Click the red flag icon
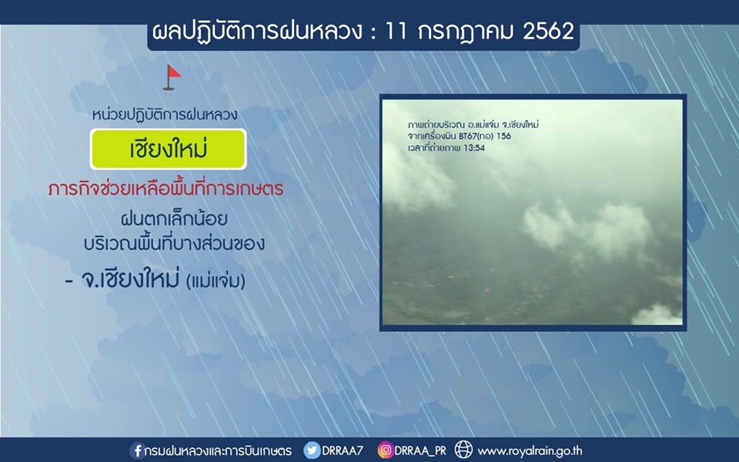(x=172, y=77)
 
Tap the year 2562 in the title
(x=548, y=32)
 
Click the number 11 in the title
(x=396, y=32)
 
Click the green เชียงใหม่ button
(x=169, y=149)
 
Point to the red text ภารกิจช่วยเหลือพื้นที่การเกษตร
(x=166, y=189)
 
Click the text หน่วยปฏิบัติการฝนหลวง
(x=165, y=114)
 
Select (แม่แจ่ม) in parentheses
(x=216, y=282)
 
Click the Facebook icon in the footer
(x=137, y=450)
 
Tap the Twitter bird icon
(x=311, y=450)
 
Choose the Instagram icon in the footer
(x=385, y=450)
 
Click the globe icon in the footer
(x=463, y=450)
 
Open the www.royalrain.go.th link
(x=530, y=451)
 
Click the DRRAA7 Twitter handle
(x=343, y=450)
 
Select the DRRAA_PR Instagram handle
(x=420, y=451)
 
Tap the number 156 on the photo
(x=503, y=136)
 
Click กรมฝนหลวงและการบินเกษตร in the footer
(x=218, y=450)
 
